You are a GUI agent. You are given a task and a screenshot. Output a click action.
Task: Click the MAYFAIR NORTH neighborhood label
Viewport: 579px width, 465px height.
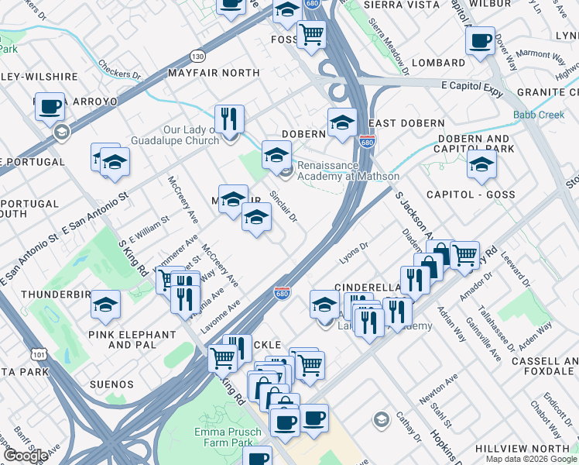pos(214,73)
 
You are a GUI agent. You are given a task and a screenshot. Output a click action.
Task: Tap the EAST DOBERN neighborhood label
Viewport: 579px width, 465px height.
pos(406,123)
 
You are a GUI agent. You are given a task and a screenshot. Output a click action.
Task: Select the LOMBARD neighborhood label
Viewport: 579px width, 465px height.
pos(438,63)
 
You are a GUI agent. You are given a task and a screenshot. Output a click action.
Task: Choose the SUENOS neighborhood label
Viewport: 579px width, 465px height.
pos(110,384)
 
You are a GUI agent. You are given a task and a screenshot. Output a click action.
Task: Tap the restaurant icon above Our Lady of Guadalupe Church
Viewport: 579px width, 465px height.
pos(229,119)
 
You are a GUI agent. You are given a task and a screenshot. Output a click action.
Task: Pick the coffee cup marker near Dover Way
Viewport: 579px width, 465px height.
pos(480,40)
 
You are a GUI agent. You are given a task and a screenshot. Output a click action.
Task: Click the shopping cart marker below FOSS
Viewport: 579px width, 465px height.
pos(311,34)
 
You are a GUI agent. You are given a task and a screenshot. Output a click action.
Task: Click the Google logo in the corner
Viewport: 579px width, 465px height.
pos(26,456)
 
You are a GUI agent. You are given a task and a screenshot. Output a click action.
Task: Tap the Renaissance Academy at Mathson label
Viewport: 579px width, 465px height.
pos(329,170)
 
